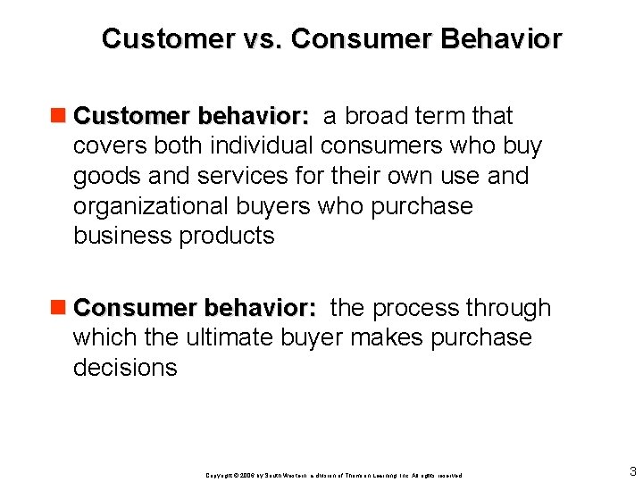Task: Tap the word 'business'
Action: [x=123, y=236]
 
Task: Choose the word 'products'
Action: [x=227, y=237]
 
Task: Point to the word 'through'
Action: [x=509, y=308]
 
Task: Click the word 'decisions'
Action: [x=125, y=368]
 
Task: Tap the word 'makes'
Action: [x=379, y=337]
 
